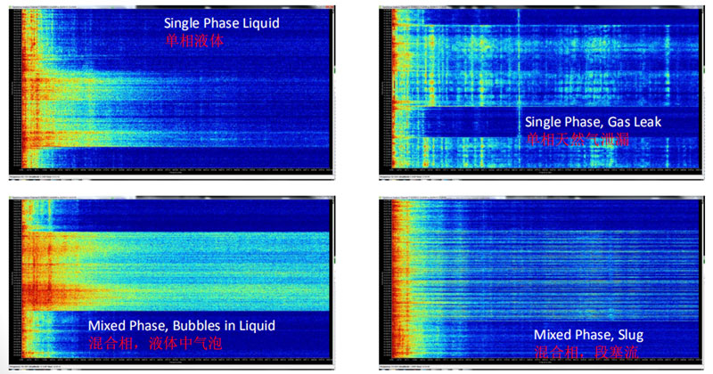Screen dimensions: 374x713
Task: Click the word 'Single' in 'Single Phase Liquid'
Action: click(184, 24)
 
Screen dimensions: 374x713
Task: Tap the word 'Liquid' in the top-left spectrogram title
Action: click(259, 24)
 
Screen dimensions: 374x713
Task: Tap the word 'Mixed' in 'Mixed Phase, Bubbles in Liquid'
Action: click(107, 327)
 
